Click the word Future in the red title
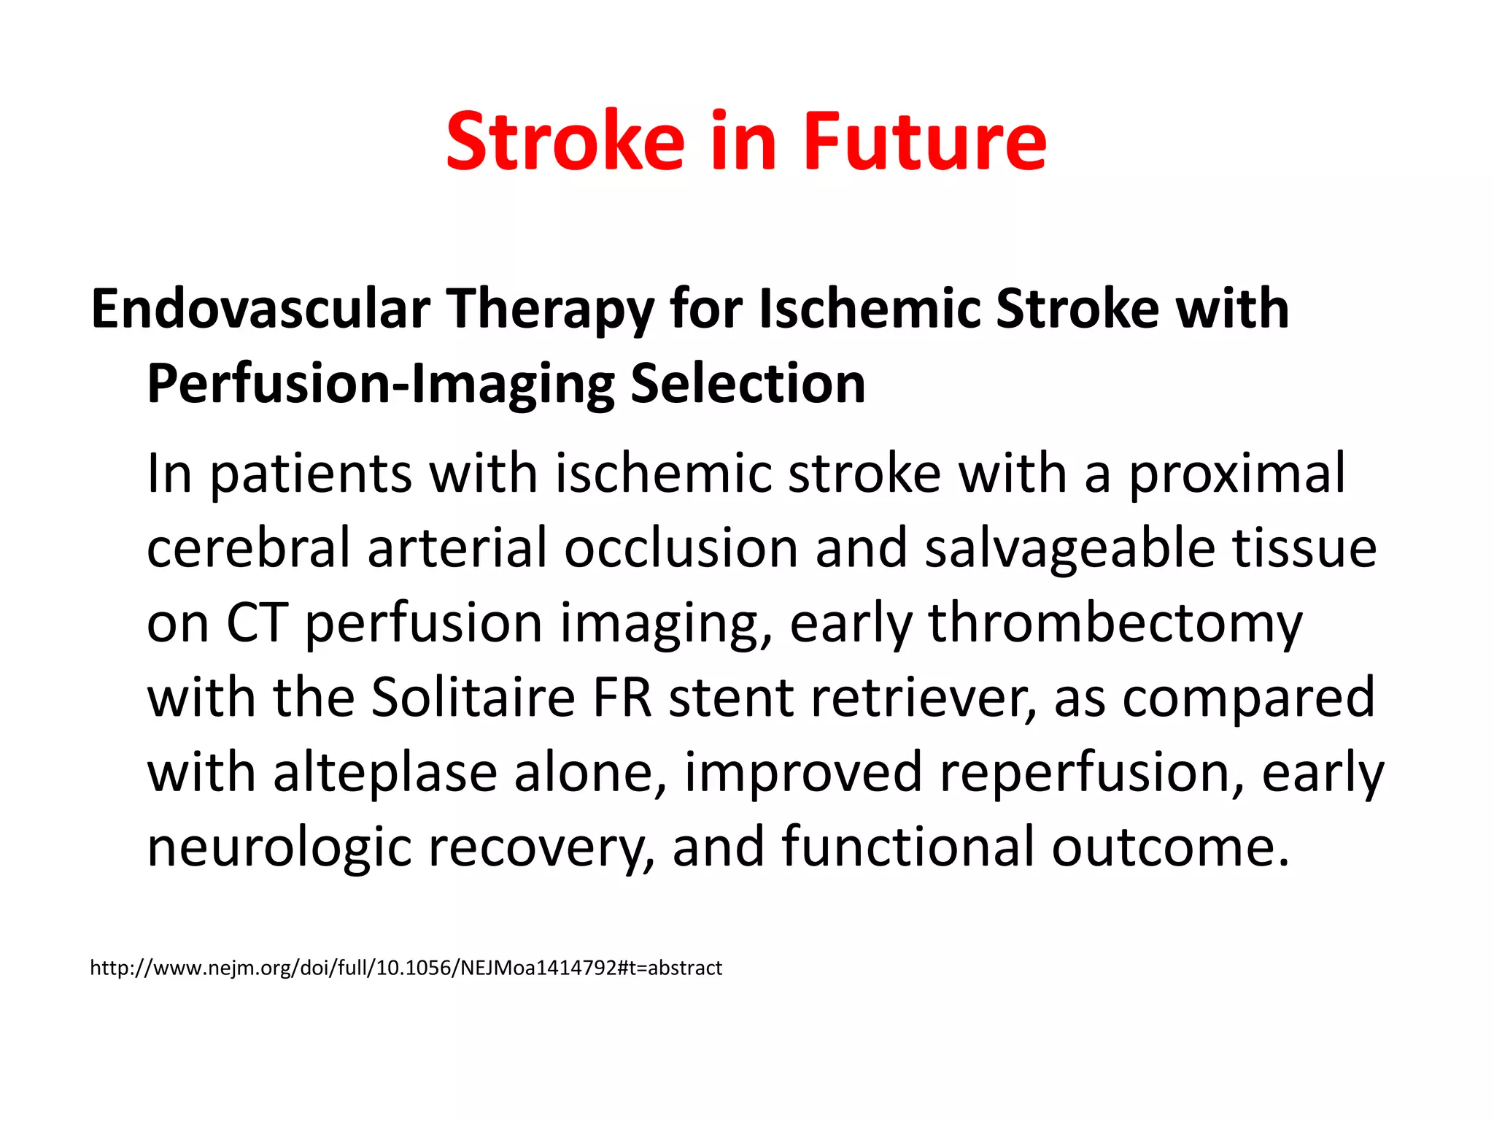click(x=924, y=142)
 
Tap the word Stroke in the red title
click(x=565, y=142)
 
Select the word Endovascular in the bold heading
click(x=260, y=309)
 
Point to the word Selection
click(x=748, y=384)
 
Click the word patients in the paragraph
click(x=311, y=475)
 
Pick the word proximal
click(x=1237, y=475)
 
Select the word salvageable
click(x=1070, y=550)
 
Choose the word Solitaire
click(x=473, y=698)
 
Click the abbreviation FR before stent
click(x=622, y=698)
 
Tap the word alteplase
click(x=385, y=773)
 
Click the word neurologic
click(x=279, y=848)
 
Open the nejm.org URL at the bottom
click(x=406, y=968)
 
